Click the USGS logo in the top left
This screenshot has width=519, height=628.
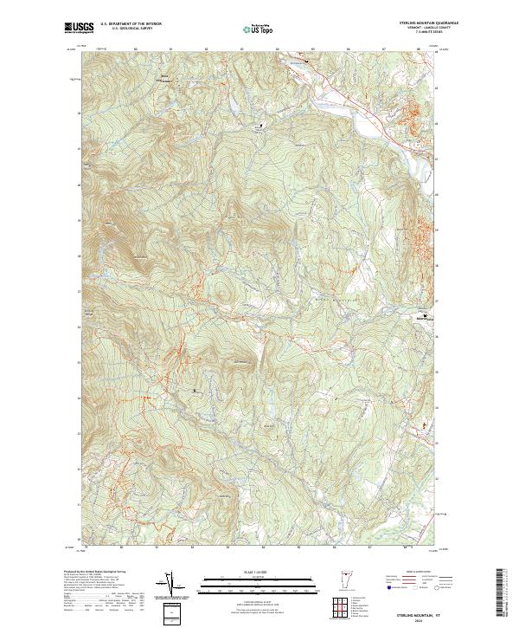pyautogui.click(x=80, y=28)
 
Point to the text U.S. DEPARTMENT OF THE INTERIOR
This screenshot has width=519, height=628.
pyautogui.click(x=131, y=24)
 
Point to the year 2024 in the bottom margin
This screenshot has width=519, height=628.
pyautogui.click(x=430, y=619)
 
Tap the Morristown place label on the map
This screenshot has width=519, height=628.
pyautogui.click(x=423, y=320)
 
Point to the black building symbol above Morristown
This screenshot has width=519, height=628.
pyautogui.click(x=425, y=314)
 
